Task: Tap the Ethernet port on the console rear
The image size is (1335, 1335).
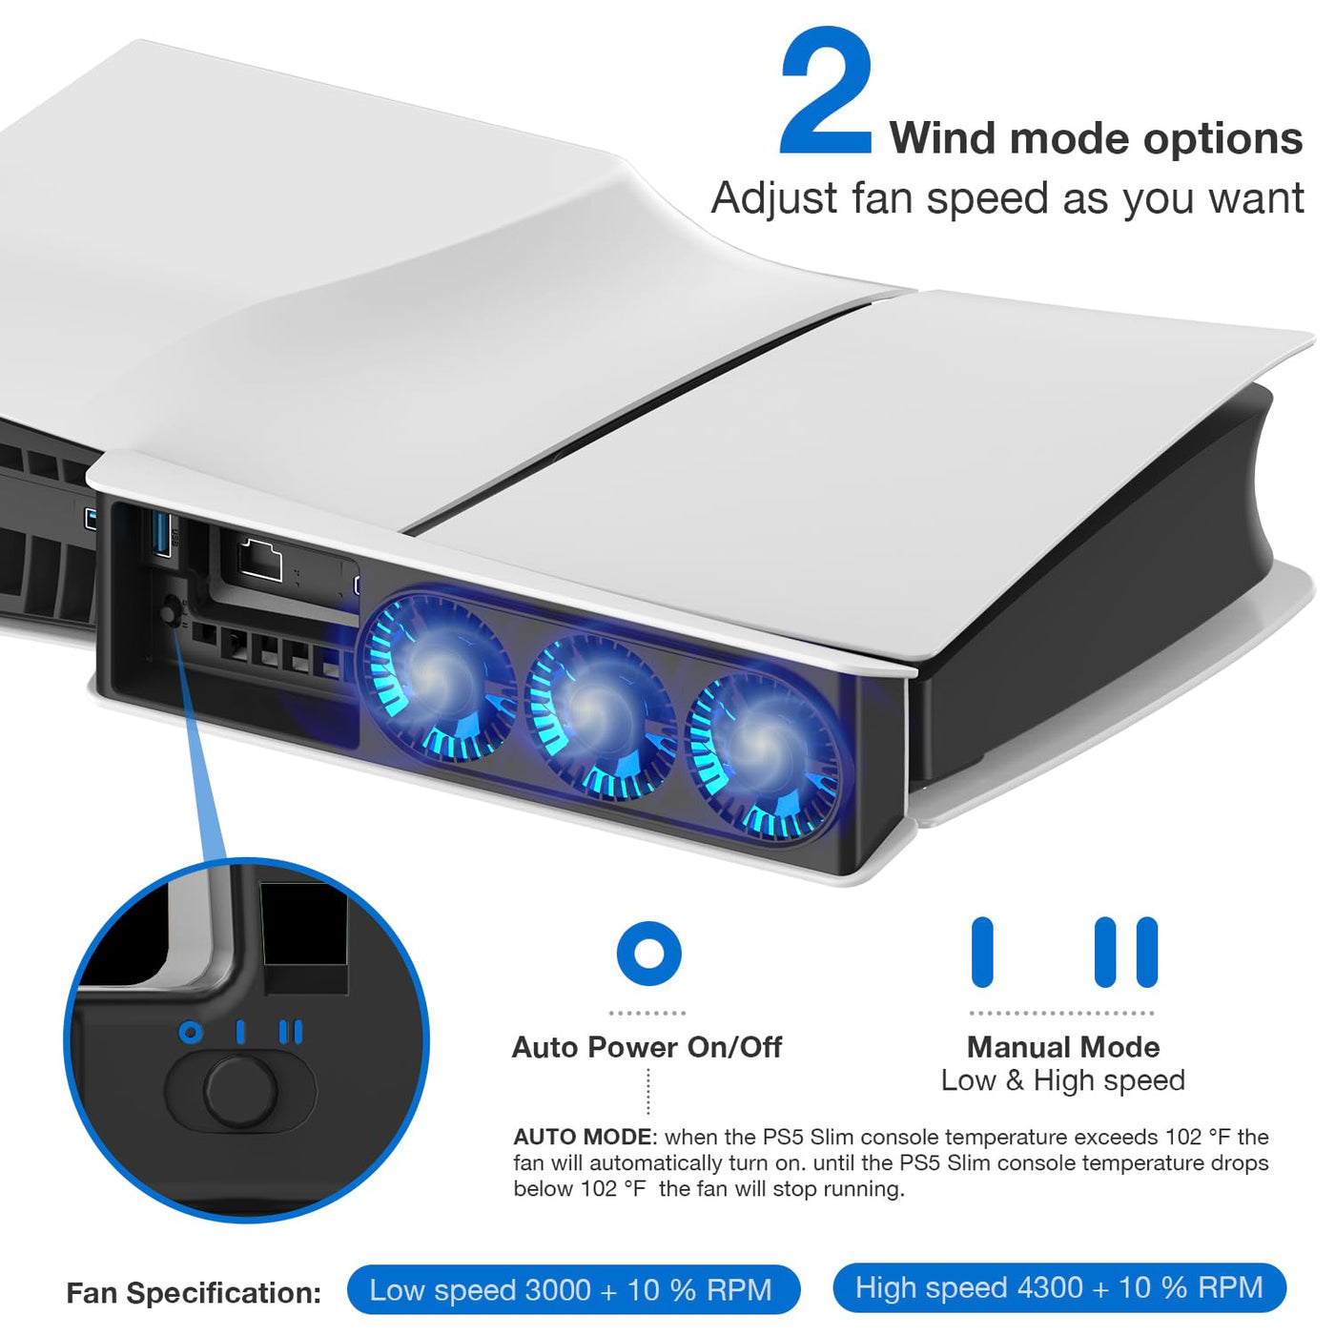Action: [259, 560]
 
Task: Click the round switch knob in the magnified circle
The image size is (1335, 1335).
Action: [240, 1090]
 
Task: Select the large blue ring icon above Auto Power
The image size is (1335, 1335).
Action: [648, 954]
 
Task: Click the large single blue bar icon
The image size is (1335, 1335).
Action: [982, 952]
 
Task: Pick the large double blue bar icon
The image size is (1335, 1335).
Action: [1126, 952]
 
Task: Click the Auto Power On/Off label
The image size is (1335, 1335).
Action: [647, 1047]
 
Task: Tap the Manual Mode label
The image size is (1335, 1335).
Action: [1062, 1047]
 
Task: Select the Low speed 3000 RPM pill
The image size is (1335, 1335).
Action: [574, 1289]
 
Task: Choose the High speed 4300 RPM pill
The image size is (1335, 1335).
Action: [1059, 1287]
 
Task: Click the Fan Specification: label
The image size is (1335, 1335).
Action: [194, 1293]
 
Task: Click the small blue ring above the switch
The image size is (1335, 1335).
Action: [191, 1033]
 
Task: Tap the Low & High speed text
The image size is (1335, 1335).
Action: [1062, 1080]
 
